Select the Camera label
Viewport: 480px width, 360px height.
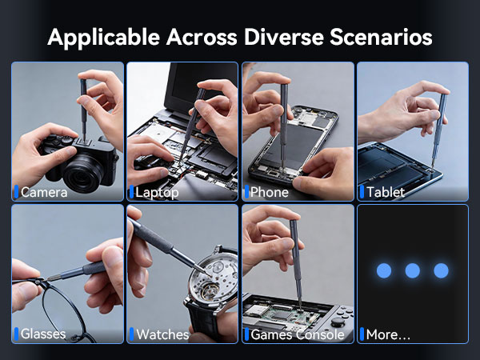click(x=44, y=192)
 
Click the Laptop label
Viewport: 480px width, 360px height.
click(x=157, y=192)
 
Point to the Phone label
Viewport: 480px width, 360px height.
click(x=269, y=192)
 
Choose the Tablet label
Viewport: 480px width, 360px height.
click(x=386, y=192)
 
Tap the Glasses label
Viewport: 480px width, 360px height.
click(x=43, y=334)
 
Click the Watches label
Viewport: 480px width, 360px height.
click(x=162, y=334)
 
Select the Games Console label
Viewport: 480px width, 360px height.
click(x=297, y=334)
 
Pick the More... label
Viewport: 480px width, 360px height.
click(x=388, y=334)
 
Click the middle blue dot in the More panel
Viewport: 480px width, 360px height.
click(x=412, y=270)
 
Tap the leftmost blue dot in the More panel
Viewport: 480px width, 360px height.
click(x=384, y=270)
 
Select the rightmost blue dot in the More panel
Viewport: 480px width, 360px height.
click(x=441, y=270)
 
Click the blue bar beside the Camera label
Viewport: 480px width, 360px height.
click(x=16, y=192)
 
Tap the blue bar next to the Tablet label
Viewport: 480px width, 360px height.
click(x=362, y=192)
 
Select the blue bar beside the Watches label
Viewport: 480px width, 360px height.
click(x=131, y=334)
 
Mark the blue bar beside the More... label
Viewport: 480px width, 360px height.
click(x=362, y=334)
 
